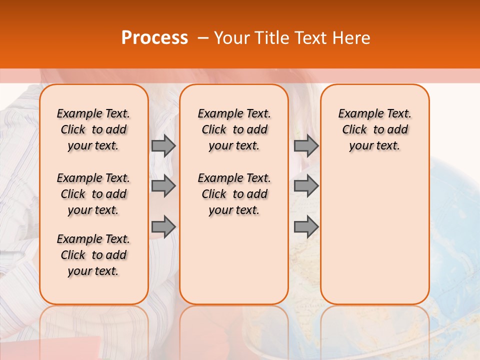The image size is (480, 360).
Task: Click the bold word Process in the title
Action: [154, 38]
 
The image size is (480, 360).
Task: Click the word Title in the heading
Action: [273, 38]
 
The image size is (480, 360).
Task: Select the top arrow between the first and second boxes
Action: [163, 145]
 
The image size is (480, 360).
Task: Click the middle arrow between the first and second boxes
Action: [163, 186]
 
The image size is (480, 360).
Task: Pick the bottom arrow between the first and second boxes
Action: [163, 227]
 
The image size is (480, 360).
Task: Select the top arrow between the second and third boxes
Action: [306, 145]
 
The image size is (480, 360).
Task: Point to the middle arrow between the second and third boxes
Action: [306, 186]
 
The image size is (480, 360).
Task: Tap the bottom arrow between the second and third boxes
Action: [306, 227]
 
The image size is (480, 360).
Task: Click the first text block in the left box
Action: [93, 129]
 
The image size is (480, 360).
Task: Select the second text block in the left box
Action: [93, 194]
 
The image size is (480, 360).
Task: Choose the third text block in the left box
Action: [93, 255]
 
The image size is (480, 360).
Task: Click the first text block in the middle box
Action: [234, 129]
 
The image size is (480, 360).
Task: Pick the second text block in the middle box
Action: [234, 194]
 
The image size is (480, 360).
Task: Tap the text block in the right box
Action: [374, 129]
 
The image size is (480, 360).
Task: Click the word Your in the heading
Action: [232, 38]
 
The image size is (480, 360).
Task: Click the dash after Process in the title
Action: [202, 38]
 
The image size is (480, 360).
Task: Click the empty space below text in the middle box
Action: [234, 260]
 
